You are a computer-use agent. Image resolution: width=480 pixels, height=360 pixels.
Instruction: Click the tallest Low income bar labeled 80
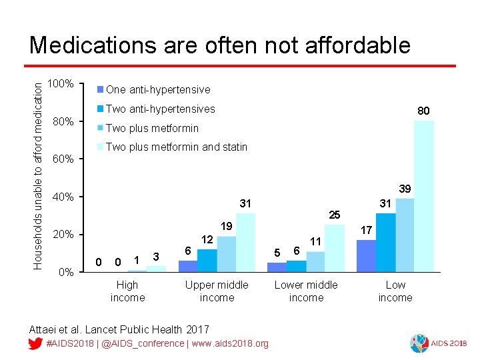point(423,196)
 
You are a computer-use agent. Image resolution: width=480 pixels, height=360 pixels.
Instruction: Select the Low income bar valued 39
point(405,235)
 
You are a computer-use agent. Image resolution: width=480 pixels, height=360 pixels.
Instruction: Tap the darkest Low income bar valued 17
point(366,255)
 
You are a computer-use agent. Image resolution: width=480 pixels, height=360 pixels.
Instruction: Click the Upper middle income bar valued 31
point(245,243)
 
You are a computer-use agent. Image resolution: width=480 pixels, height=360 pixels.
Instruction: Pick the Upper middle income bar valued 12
point(207,260)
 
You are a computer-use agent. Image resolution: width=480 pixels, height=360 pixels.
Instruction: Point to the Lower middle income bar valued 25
point(335,248)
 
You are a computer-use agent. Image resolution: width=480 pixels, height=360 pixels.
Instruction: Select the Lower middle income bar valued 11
point(315,261)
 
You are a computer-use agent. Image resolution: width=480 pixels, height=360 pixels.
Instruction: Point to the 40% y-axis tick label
point(63,197)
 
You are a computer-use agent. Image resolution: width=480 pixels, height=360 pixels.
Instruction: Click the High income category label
point(127,291)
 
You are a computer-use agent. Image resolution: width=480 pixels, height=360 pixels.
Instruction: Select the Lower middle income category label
point(306,291)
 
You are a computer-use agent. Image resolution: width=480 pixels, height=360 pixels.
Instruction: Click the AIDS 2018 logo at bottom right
point(440,343)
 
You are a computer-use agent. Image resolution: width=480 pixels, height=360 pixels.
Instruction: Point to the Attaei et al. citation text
point(119,329)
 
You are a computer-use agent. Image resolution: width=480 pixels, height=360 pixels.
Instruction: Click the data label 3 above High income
point(156,257)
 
